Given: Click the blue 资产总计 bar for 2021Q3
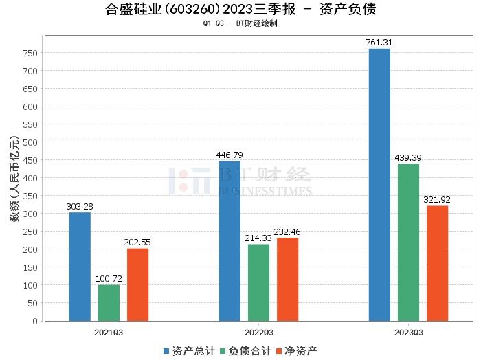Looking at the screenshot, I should click(80, 267).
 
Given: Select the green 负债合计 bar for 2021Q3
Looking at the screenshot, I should click(109, 302).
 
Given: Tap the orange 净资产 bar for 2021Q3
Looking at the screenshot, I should click(137, 284).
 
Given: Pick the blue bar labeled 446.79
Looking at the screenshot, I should click(230, 240).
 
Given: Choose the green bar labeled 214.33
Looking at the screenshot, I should click(258, 282).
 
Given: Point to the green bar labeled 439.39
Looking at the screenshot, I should click(408, 242).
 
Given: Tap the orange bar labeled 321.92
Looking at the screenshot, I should click(437, 263).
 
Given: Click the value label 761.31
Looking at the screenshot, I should click(379, 43).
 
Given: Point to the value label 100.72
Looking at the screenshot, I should click(109, 278).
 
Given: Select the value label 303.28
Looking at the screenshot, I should click(80, 206).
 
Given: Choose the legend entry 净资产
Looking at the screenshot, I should click(296, 351).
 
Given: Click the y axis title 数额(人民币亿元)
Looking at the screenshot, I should click(14, 185).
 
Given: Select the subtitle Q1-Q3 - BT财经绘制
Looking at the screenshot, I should click(240, 23).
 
